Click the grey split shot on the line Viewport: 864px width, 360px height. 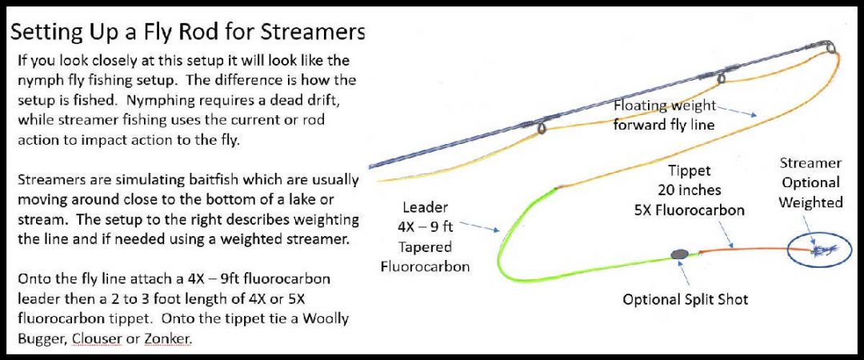click(x=680, y=254)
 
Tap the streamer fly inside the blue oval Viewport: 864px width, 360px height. click(x=818, y=251)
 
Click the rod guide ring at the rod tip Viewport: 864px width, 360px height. click(x=831, y=48)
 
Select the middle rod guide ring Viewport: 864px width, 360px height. click(x=722, y=78)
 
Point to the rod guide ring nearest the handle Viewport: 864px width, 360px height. click(x=542, y=128)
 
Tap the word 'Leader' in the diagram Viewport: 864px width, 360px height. click(x=426, y=206)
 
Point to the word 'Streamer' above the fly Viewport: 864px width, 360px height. click(x=810, y=162)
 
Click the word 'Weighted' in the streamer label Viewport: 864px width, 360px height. click(x=811, y=202)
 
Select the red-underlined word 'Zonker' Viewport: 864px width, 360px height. click(x=168, y=338)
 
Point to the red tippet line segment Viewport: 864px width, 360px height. click(x=744, y=250)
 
